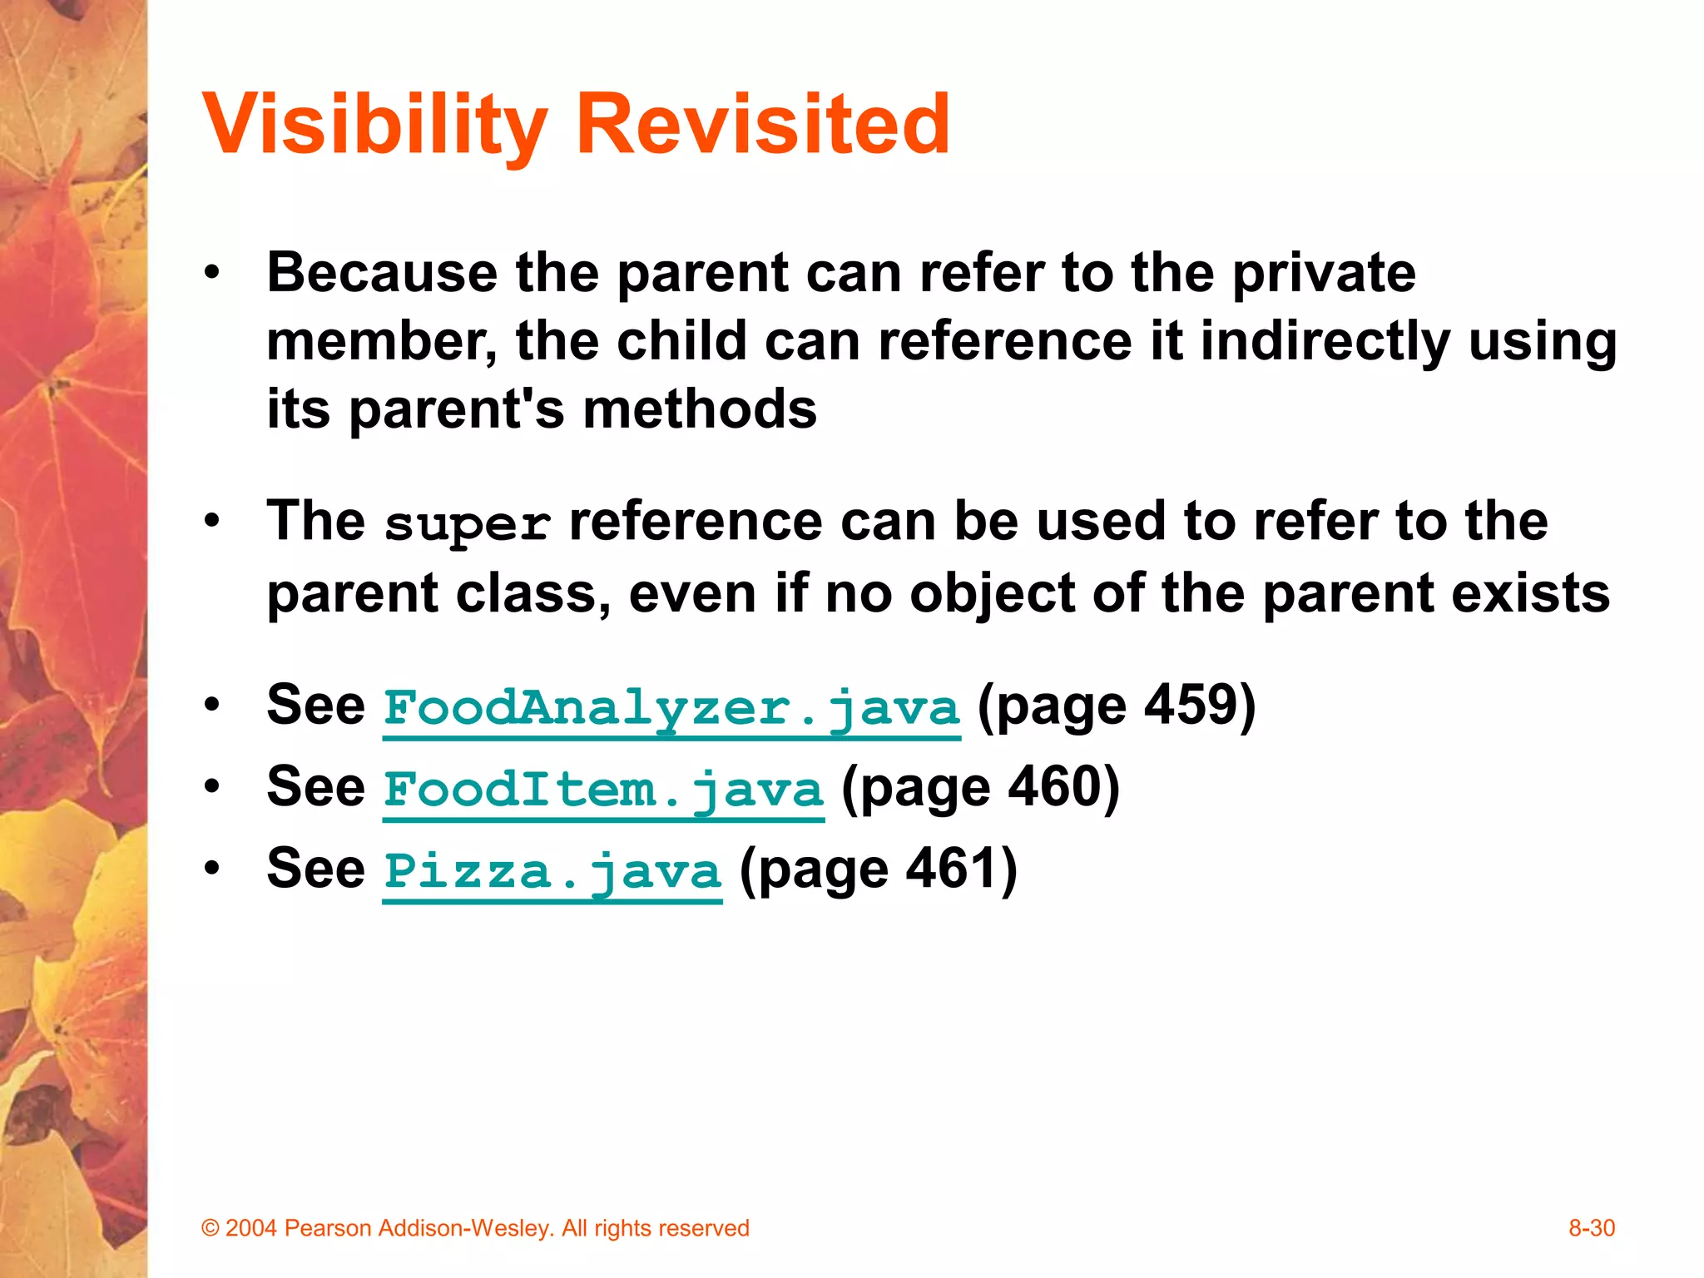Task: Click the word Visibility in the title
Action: pyautogui.click(x=374, y=125)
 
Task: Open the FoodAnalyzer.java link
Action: pyautogui.click(x=671, y=708)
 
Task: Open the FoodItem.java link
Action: pyautogui.click(x=603, y=790)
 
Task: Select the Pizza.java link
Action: pyautogui.click(x=552, y=871)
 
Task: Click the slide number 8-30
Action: pyautogui.click(x=1591, y=1228)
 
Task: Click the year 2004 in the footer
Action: pyautogui.click(x=250, y=1228)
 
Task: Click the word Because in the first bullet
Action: pyautogui.click(x=381, y=272)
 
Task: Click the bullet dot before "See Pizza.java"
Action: pyautogui.click(x=213, y=869)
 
